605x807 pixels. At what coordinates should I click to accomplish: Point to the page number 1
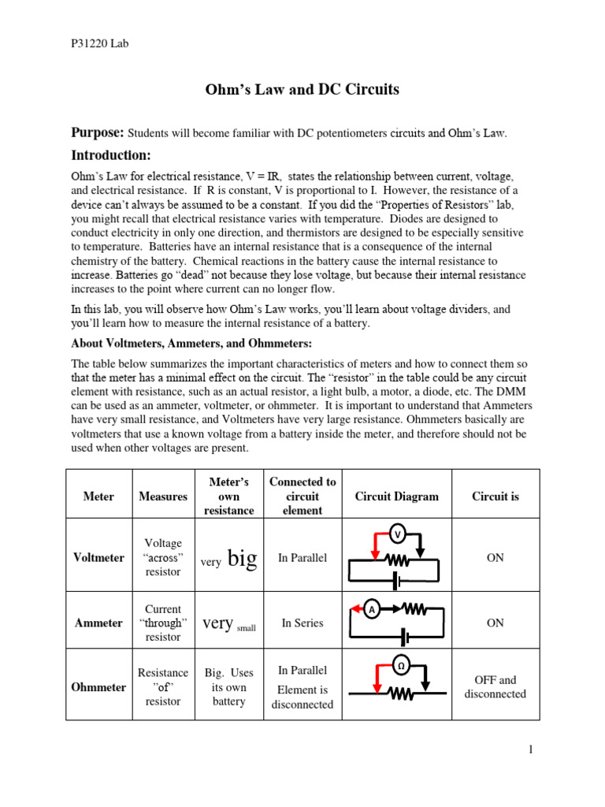pos(532,749)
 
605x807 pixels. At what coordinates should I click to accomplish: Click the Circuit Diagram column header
pos(397,496)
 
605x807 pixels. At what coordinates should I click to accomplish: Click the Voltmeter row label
pos(98,557)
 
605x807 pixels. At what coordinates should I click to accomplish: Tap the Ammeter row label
pos(98,623)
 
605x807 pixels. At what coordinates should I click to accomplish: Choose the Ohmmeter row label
pos(99,687)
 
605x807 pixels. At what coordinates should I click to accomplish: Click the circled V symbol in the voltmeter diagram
pos(398,534)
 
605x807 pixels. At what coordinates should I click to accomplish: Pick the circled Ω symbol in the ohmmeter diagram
pos(400,666)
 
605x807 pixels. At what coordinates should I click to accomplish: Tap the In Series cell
pos(302,623)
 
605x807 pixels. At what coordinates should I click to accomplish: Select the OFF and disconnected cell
pos(496,686)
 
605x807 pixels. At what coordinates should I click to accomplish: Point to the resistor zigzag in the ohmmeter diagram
pos(400,694)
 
